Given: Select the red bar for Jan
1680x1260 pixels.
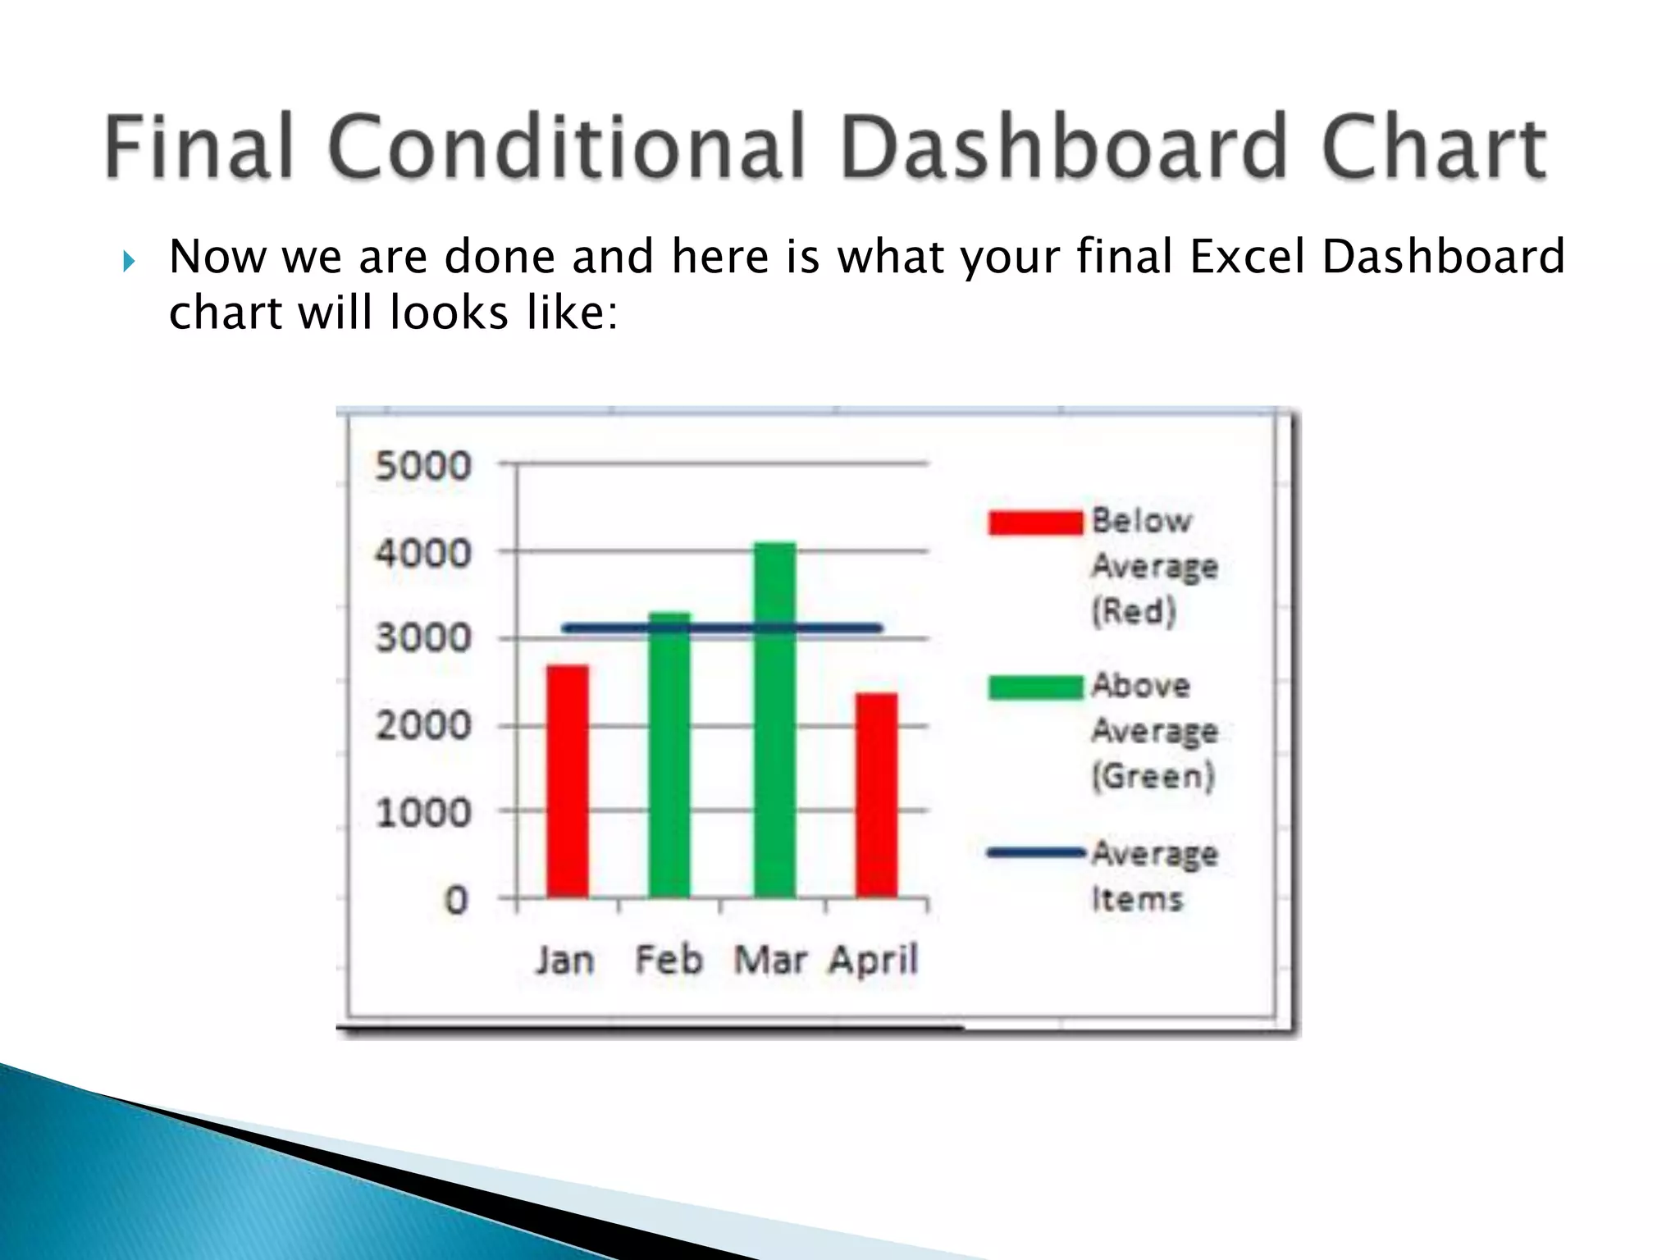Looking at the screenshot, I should tap(568, 781).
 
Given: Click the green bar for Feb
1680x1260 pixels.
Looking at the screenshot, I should tap(669, 755).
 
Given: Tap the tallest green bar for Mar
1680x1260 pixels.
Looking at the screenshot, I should tap(774, 719).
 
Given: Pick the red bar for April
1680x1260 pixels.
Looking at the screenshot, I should tap(876, 795).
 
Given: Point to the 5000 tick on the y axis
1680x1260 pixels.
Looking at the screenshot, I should tap(423, 466).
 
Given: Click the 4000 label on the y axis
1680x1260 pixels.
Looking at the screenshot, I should tap(423, 554).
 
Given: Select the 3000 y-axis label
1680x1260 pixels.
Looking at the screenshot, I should tap(423, 638).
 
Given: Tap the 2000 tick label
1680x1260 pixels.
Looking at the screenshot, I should tap(423, 726).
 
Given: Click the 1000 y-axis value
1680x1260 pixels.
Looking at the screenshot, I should tap(423, 813).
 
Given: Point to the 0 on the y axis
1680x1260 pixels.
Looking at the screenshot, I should tap(456, 901).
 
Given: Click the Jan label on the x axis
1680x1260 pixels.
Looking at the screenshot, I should tap(564, 960).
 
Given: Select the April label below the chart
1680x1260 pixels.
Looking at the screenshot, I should tap(873, 960).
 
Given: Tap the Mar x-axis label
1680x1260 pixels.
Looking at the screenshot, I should tap(769, 960).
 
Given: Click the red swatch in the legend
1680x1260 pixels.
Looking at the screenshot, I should tap(1035, 523).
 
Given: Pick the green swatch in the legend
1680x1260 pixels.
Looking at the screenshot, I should tap(1035, 687).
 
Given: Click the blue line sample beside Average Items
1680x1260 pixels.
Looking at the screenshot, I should tap(1035, 853).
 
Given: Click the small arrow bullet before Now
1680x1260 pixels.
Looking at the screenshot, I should tap(129, 262).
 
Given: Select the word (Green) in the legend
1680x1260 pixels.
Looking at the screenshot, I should tap(1153, 776).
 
